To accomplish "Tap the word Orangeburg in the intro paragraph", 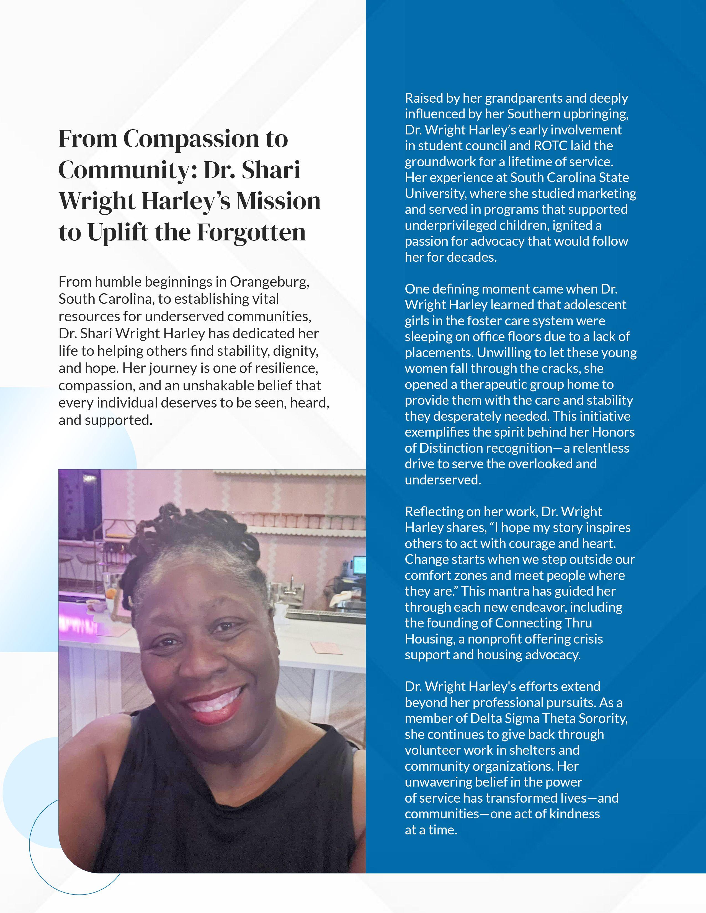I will [x=269, y=282].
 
